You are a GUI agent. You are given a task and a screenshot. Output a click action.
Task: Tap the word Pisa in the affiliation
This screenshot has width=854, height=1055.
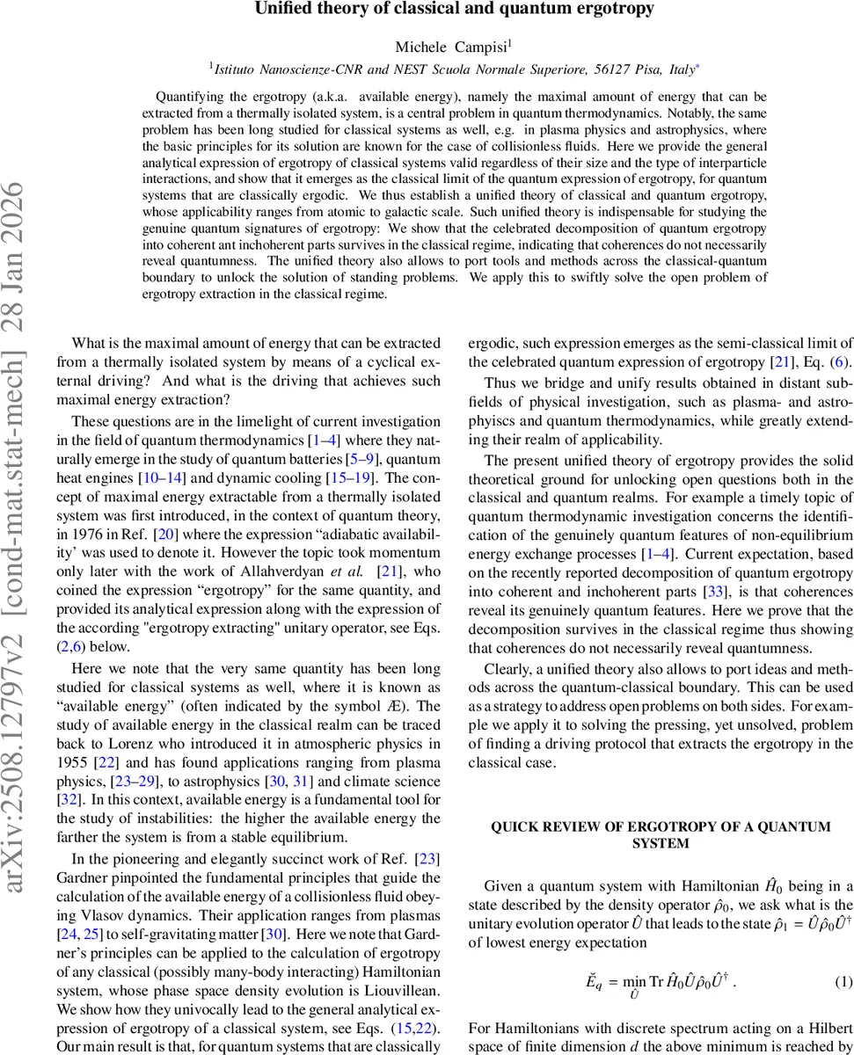(x=634, y=67)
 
